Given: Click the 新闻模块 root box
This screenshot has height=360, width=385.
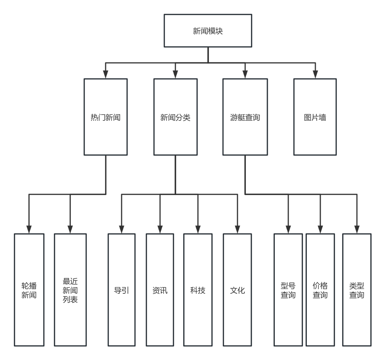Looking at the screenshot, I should (x=208, y=31).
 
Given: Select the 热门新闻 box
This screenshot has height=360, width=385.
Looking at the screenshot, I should (x=106, y=117).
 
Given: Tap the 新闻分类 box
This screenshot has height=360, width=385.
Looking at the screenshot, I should (x=175, y=117).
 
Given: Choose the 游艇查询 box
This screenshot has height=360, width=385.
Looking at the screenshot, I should (x=245, y=117).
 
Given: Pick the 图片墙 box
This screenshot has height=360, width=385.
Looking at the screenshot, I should (x=315, y=117).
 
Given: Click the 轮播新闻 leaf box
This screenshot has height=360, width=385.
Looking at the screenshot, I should (x=29, y=290).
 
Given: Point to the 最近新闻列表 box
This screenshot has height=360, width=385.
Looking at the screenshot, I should (x=70, y=290).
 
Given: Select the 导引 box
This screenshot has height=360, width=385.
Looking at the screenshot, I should (x=122, y=290).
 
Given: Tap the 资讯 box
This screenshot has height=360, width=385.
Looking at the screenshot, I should (x=160, y=290).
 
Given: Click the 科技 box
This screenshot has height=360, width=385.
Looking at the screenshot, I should (x=197, y=290).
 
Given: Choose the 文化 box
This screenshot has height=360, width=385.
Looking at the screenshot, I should (x=237, y=290).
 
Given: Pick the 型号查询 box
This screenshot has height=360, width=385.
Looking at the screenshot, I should (x=288, y=290).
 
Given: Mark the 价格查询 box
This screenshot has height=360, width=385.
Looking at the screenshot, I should (x=320, y=290).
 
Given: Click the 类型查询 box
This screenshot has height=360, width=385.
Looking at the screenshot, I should (x=357, y=290).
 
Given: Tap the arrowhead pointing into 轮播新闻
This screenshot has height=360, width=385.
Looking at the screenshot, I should (x=29, y=229).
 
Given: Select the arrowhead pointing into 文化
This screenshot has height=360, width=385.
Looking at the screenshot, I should (x=237, y=229).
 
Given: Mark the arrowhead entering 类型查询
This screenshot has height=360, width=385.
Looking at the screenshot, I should (x=357, y=229).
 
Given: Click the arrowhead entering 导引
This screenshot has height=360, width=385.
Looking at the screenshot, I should (x=122, y=229).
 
